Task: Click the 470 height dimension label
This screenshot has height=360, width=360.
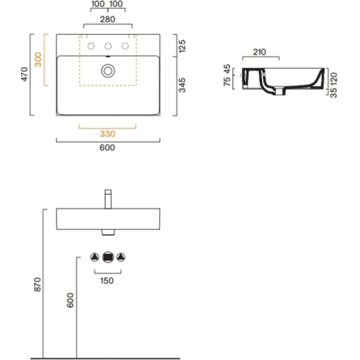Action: [x=24, y=75]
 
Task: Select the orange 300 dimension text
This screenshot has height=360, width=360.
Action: [x=39, y=60]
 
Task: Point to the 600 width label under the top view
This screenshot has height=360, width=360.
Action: [x=107, y=146]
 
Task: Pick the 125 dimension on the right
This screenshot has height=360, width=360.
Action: [x=182, y=46]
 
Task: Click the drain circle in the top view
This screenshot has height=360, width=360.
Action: [x=108, y=71]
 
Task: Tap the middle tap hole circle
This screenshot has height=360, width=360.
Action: [x=108, y=46]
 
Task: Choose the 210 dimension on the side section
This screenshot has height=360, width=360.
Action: [x=260, y=52]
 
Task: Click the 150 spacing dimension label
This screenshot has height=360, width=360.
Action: [x=107, y=280]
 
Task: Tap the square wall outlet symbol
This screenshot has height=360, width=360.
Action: [x=108, y=257]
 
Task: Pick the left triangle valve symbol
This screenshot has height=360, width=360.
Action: [x=95, y=257]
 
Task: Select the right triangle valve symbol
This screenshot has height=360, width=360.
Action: [x=121, y=257]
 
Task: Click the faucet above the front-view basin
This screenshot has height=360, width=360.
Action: [x=108, y=198]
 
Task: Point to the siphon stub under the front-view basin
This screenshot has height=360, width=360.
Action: [x=108, y=233]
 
